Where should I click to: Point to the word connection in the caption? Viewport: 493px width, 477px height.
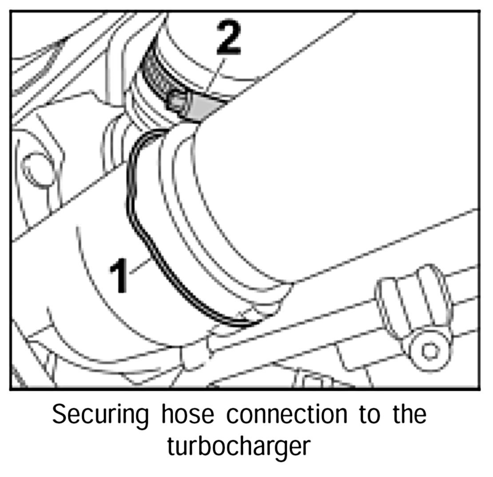[286, 414]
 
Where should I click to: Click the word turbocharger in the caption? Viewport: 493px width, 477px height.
[238, 447]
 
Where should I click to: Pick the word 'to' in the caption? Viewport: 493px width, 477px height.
[370, 414]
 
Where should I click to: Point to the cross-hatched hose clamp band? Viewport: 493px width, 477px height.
[155, 74]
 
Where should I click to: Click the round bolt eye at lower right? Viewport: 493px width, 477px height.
[429, 351]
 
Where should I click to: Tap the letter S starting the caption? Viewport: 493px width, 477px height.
[59, 414]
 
